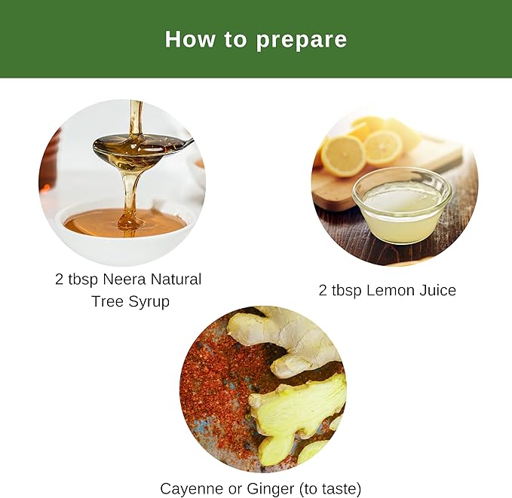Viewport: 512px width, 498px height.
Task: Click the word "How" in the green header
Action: pyautogui.click(x=190, y=39)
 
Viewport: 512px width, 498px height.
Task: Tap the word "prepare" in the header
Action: pyautogui.click(x=302, y=41)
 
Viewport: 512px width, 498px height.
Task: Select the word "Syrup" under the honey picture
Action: pyautogui.click(x=149, y=302)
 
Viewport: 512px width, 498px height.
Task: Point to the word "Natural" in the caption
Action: pyautogui.click(x=176, y=280)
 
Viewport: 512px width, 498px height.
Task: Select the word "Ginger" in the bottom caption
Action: pyautogui.click(x=271, y=489)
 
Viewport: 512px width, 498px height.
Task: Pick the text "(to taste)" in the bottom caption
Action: pyautogui.click(x=330, y=489)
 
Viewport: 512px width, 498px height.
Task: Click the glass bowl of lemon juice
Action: pyautogui.click(x=403, y=206)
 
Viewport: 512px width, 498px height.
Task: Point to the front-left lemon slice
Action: pyautogui.click(x=343, y=156)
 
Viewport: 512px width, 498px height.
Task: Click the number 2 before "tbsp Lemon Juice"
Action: pyautogui.click(x=323, y=290)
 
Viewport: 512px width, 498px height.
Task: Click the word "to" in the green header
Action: pyautogui.click(x=235, y=40)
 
